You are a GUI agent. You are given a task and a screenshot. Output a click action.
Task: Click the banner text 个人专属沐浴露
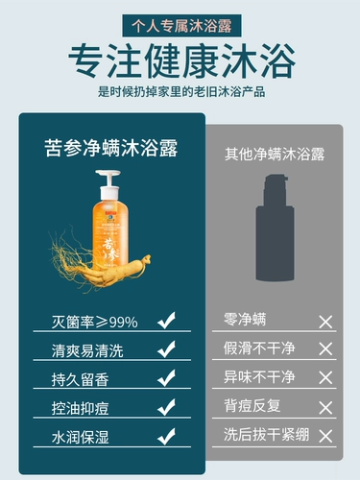coord(181,26)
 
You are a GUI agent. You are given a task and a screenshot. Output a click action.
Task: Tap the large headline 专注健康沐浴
coord(181,61)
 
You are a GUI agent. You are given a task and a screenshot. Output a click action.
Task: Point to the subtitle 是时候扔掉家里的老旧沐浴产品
coord(181,92)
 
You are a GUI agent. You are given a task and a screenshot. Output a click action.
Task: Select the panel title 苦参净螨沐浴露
coord(111,148)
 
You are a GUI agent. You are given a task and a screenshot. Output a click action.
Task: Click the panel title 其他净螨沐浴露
coord(275,155)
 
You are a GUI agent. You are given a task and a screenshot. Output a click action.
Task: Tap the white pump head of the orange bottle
coord(108,184)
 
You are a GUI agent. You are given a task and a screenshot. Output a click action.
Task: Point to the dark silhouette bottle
coord(275,228)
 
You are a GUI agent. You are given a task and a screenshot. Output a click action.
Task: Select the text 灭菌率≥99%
coord(95,322)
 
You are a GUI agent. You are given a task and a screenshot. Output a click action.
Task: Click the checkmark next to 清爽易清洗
coord(166,349)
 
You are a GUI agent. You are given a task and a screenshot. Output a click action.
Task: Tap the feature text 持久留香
coord(80,379)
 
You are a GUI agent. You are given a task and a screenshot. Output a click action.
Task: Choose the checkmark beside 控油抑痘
coord(166,407)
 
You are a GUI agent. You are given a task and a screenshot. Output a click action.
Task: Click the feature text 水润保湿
coord(80,437)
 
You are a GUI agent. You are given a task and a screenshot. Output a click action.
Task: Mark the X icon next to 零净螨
coord(325,323)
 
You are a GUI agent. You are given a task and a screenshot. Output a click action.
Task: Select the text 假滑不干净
coord(259,348)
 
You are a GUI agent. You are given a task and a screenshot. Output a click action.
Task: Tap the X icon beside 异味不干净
coord(325,378)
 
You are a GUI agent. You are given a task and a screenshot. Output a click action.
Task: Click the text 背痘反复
coord(252,406)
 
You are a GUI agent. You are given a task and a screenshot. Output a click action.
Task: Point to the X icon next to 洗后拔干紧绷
coord(325,436)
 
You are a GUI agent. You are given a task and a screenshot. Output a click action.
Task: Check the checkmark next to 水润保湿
coord(166,436)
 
